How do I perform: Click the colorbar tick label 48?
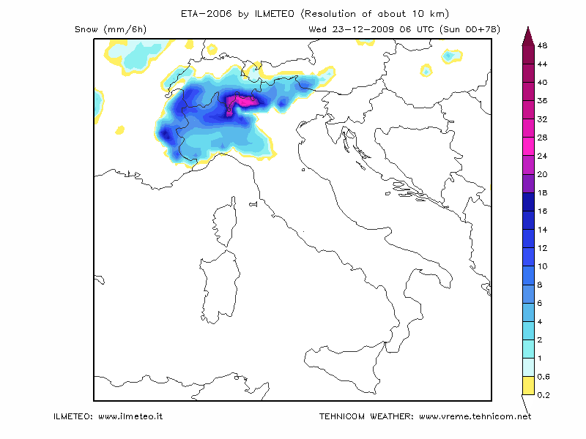coord(543,45)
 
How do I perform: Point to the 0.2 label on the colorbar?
coord(543,395)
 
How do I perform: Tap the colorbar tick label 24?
coord(543,156)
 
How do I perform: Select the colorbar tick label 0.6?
coord(543,377)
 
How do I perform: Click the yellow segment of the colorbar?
coord(527,386)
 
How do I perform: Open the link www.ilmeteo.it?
coord(130,416)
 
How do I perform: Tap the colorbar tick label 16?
coord(543,211)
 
